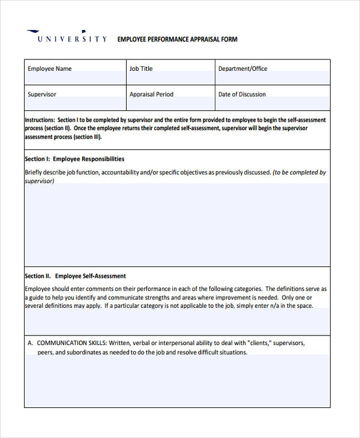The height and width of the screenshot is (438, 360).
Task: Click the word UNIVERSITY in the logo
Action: (x=72, y=40)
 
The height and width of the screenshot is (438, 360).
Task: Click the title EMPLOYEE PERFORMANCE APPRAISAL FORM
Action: (x=177, y=40)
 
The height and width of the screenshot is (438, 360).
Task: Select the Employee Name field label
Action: (x=49, y=69)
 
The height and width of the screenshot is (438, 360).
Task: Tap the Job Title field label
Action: (x=141, y=69)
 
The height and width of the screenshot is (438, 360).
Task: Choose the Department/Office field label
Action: (x=242, y=69)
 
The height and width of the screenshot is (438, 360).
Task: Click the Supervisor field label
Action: (x=41, y=95)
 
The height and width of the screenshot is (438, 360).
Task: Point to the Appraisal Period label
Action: (x=151, y=95)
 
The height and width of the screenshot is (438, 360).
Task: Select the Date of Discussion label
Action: (x=242, y=95)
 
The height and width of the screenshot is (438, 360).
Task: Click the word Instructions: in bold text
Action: (x=40, y=120)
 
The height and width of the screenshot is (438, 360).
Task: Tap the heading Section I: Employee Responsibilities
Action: (x=74, y=160)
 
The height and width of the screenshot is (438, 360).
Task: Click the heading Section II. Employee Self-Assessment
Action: (x=75, y=277)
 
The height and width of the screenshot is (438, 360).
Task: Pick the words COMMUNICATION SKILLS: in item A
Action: (x=71, y=343)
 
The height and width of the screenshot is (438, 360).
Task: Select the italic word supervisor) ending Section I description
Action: (x=39, y=181)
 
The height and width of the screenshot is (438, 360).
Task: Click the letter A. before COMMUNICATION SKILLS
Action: (x=30, y=343)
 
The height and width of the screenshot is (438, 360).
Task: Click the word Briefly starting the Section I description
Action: (x=34, y=173)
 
